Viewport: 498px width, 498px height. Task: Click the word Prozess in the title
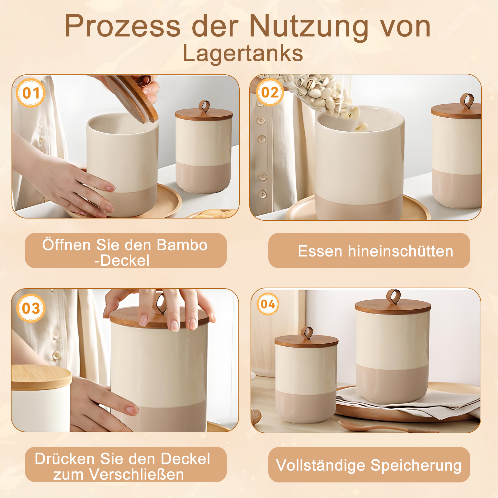pyautogui.click(x=123, y=26)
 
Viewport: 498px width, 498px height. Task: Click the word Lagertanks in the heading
pyautogui.click(x=243, y=53)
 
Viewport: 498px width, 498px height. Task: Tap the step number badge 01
pyautogui.click(x=31, y=93)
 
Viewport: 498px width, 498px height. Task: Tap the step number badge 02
pyautogui.click(x=270, y=92)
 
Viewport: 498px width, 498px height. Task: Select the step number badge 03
pyautogui.click(x=31, y=308)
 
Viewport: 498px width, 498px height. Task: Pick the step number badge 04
pyautogui.click(x=268, y=304)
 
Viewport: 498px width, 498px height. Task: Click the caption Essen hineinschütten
pyautogui.click(x=375, y=251)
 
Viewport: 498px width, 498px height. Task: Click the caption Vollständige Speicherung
pyautogui.click(x=369, y=466)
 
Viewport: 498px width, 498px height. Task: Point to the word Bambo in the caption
pyautogui.click(x=182, y=245)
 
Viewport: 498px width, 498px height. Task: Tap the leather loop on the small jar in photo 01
pyautogui.click(x=204, y=106)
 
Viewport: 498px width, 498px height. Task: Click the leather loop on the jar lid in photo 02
pyautogui.click(x=467, y=101)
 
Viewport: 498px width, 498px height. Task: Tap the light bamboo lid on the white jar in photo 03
pyautogui.click(x=41, y=377)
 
